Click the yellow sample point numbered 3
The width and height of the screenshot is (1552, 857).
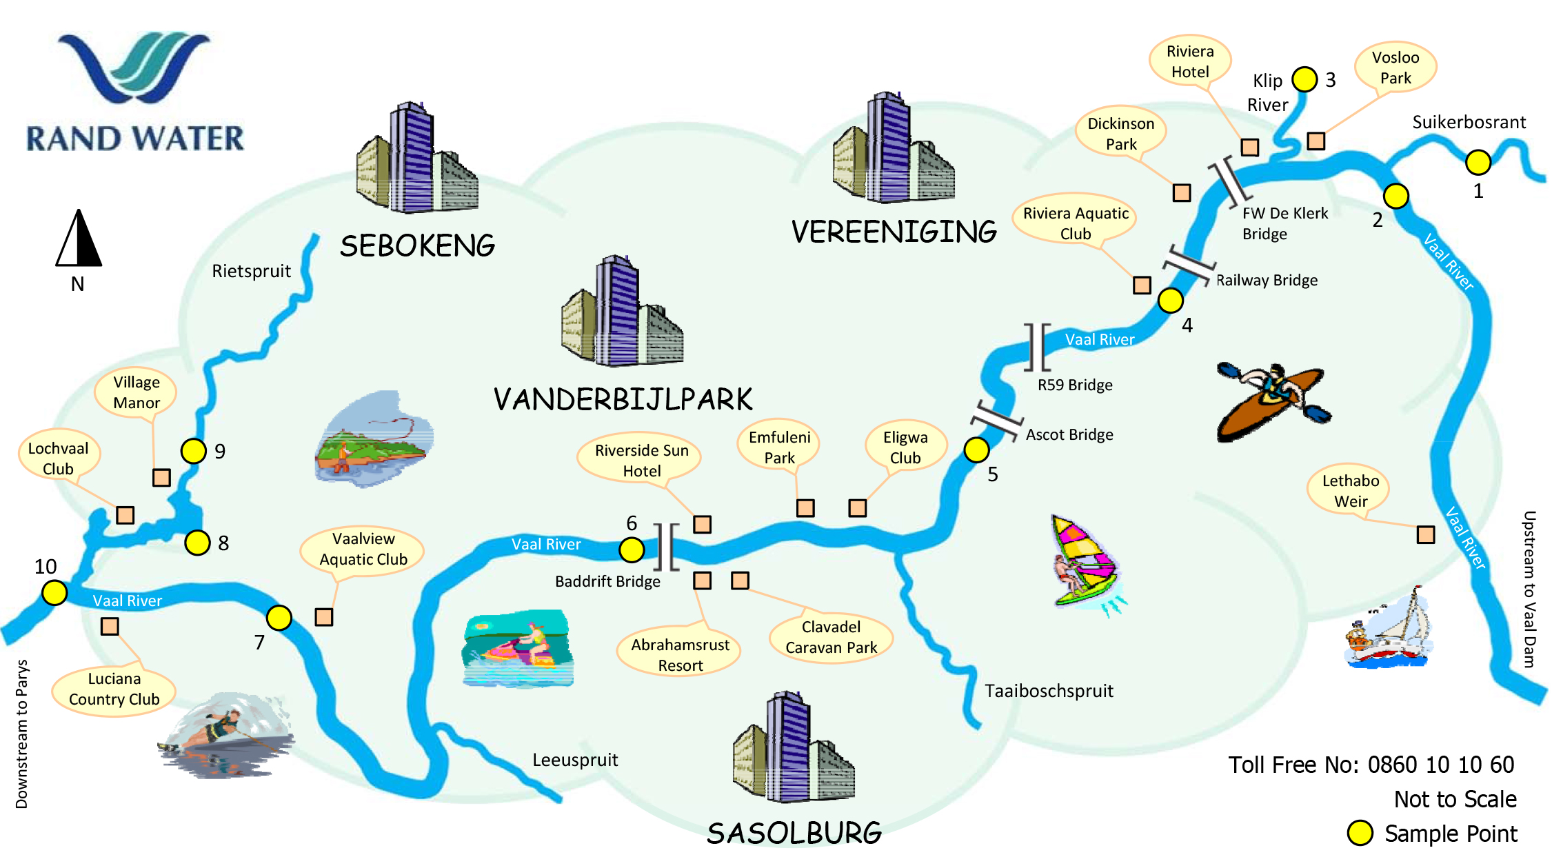[x=1304, y=79]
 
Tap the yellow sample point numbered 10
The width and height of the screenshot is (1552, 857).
[x=54, y=592]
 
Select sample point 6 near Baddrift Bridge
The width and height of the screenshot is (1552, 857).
[x=632, y=550]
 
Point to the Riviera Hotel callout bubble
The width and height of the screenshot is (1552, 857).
[x=1190, y=61]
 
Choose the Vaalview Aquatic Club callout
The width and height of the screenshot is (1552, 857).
[x=363, y=549]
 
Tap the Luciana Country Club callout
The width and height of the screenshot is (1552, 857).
[x=114, y=689]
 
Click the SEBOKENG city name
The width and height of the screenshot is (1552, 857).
[x=417, y=246]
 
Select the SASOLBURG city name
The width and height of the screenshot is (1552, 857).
[x=794, y=834]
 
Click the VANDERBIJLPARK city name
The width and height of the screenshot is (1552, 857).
[x=623, y=399]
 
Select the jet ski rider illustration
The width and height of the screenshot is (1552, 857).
[x=518, y=648]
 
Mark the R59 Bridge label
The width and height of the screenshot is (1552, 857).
[x=1075, y=385]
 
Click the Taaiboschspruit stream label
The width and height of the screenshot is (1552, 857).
[x=1049, y=691]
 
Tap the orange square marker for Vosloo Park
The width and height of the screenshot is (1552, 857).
[x=1316, y=141]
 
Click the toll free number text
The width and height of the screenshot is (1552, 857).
[x=1371, y=765]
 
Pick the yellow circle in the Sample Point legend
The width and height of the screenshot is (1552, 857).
[x=1360, y=833]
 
